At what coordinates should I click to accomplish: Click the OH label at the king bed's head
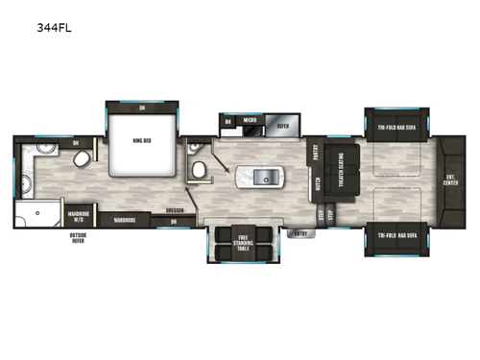point(141,108)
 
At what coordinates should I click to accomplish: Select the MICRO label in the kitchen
point(249,121)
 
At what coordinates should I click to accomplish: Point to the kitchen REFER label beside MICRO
point(282,124)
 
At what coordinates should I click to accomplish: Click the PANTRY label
point(315,152)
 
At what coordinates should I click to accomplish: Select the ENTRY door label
point(300,233)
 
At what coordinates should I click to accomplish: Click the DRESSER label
point(174,209)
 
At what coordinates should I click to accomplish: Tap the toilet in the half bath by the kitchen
point(200,168)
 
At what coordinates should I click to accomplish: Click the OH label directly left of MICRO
point(228,121)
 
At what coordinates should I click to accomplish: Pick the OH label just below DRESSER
point(174,221)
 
